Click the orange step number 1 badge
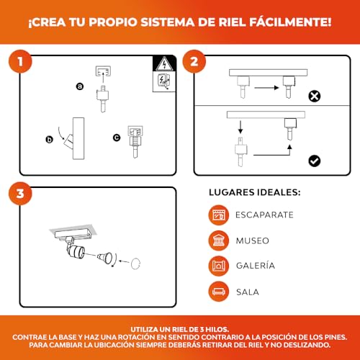click(25, 62)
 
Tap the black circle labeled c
click(117, 137)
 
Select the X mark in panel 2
click(314, 95)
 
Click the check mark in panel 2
click(314, 161)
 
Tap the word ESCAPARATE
click(264, 215)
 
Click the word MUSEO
click(252, 240)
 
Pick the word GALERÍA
click(255, 265)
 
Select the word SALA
click(248, 292)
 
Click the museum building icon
click(218, 240)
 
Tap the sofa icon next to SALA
click(218, 292)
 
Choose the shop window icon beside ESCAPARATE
click(218, 215)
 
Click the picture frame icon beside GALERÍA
click(218, 265)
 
